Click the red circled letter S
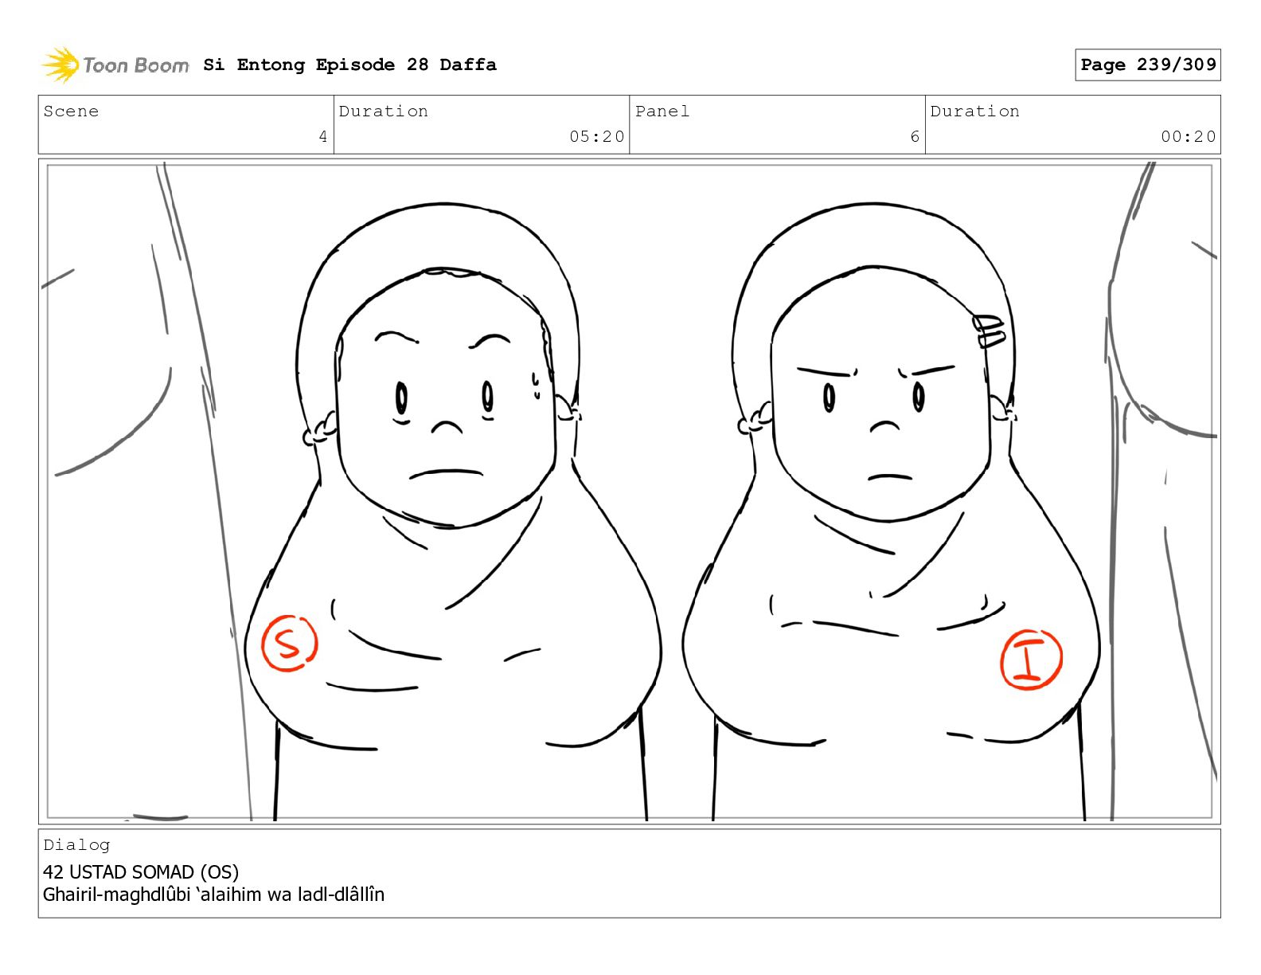coord(290,644)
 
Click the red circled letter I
coord(1031,660)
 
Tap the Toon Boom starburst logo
coord(61,65)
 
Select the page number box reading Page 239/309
coord(1147,65)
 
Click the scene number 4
coord(323,136)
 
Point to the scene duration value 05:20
coord(596,136)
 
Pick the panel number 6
coord(915,136)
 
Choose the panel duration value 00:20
coord(1188,136)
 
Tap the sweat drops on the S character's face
coord(536,386)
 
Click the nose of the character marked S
coord(447,428)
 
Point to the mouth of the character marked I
coord(889,477)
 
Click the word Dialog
coord(76,845)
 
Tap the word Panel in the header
coord(662,111)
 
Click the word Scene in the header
coord(71,111)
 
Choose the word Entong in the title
coord(271,65)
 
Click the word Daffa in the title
coord(468,65)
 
